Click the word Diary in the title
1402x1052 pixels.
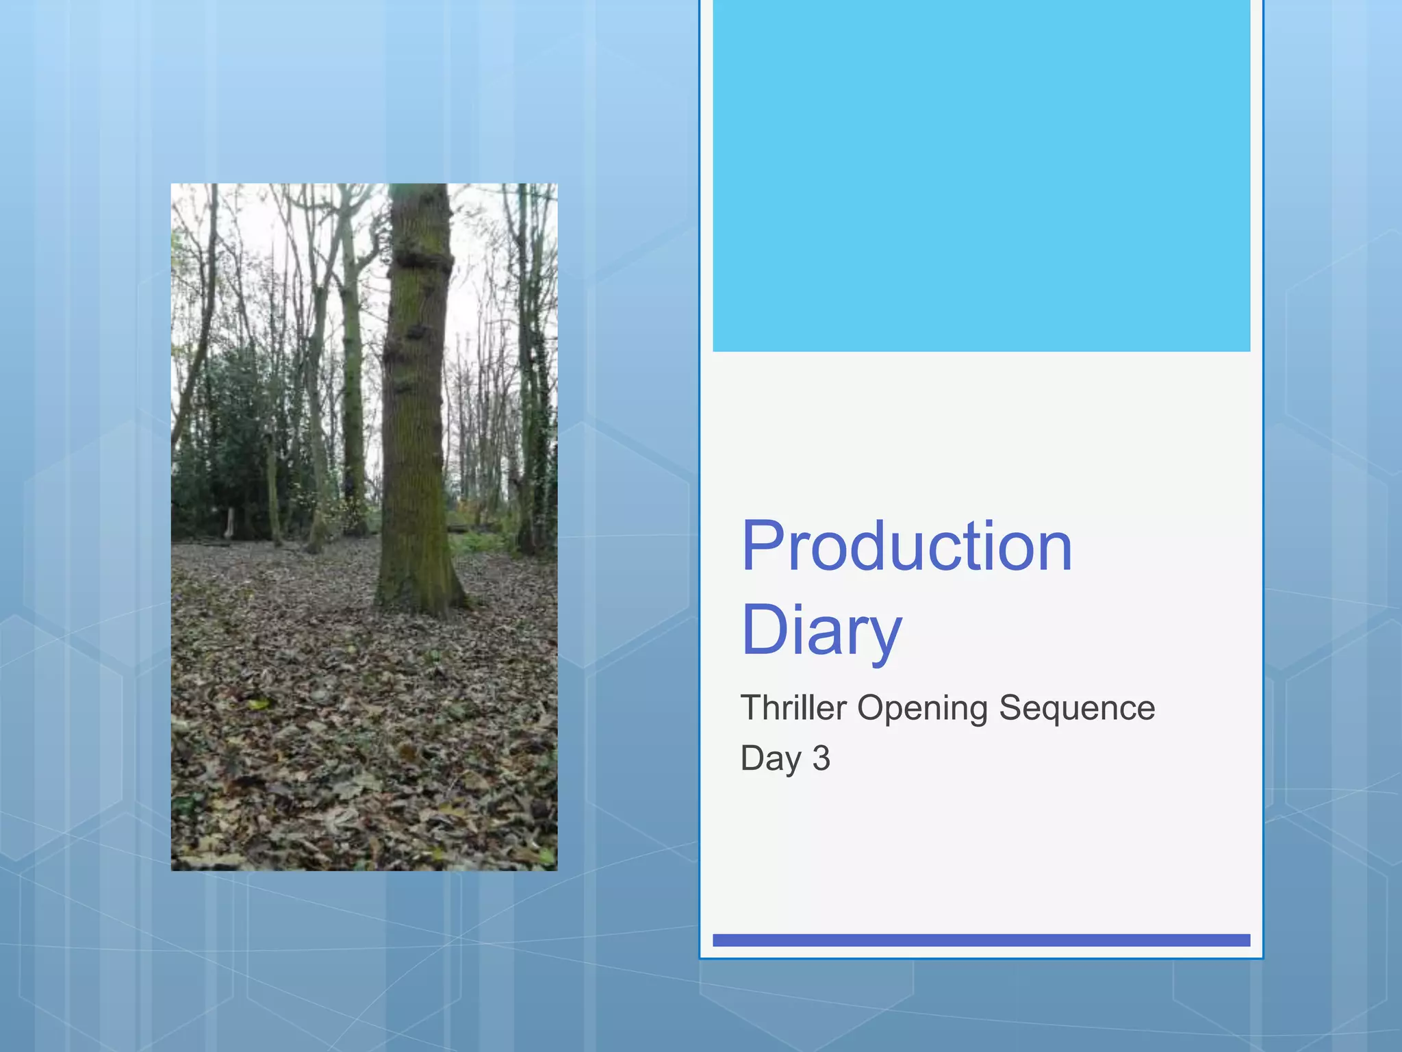pyautogui.click(x=821, y=630)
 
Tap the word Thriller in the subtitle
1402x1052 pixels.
pyautogui.click(x=793, y=707)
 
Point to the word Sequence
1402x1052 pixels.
pyautogui.click(x=1076, y=709)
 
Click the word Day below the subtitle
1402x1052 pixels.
pyautogui.click(x=770, y=759)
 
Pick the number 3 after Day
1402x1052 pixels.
pyautogui.click(x=821, y=758)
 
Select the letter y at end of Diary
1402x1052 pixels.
pyautogui.click(x=882, y=636)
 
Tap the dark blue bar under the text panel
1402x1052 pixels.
pyautogui.click(x=981, y=940)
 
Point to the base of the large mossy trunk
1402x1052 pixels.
pyautogui.click(x=419, y=596)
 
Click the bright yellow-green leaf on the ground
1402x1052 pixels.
pyautogui.click(x=258, y=703)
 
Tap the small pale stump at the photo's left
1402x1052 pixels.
pyautogui.click(x=229, y=523)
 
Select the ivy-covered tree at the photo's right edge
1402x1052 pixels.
pyautogui.click(x=537, y=411)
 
